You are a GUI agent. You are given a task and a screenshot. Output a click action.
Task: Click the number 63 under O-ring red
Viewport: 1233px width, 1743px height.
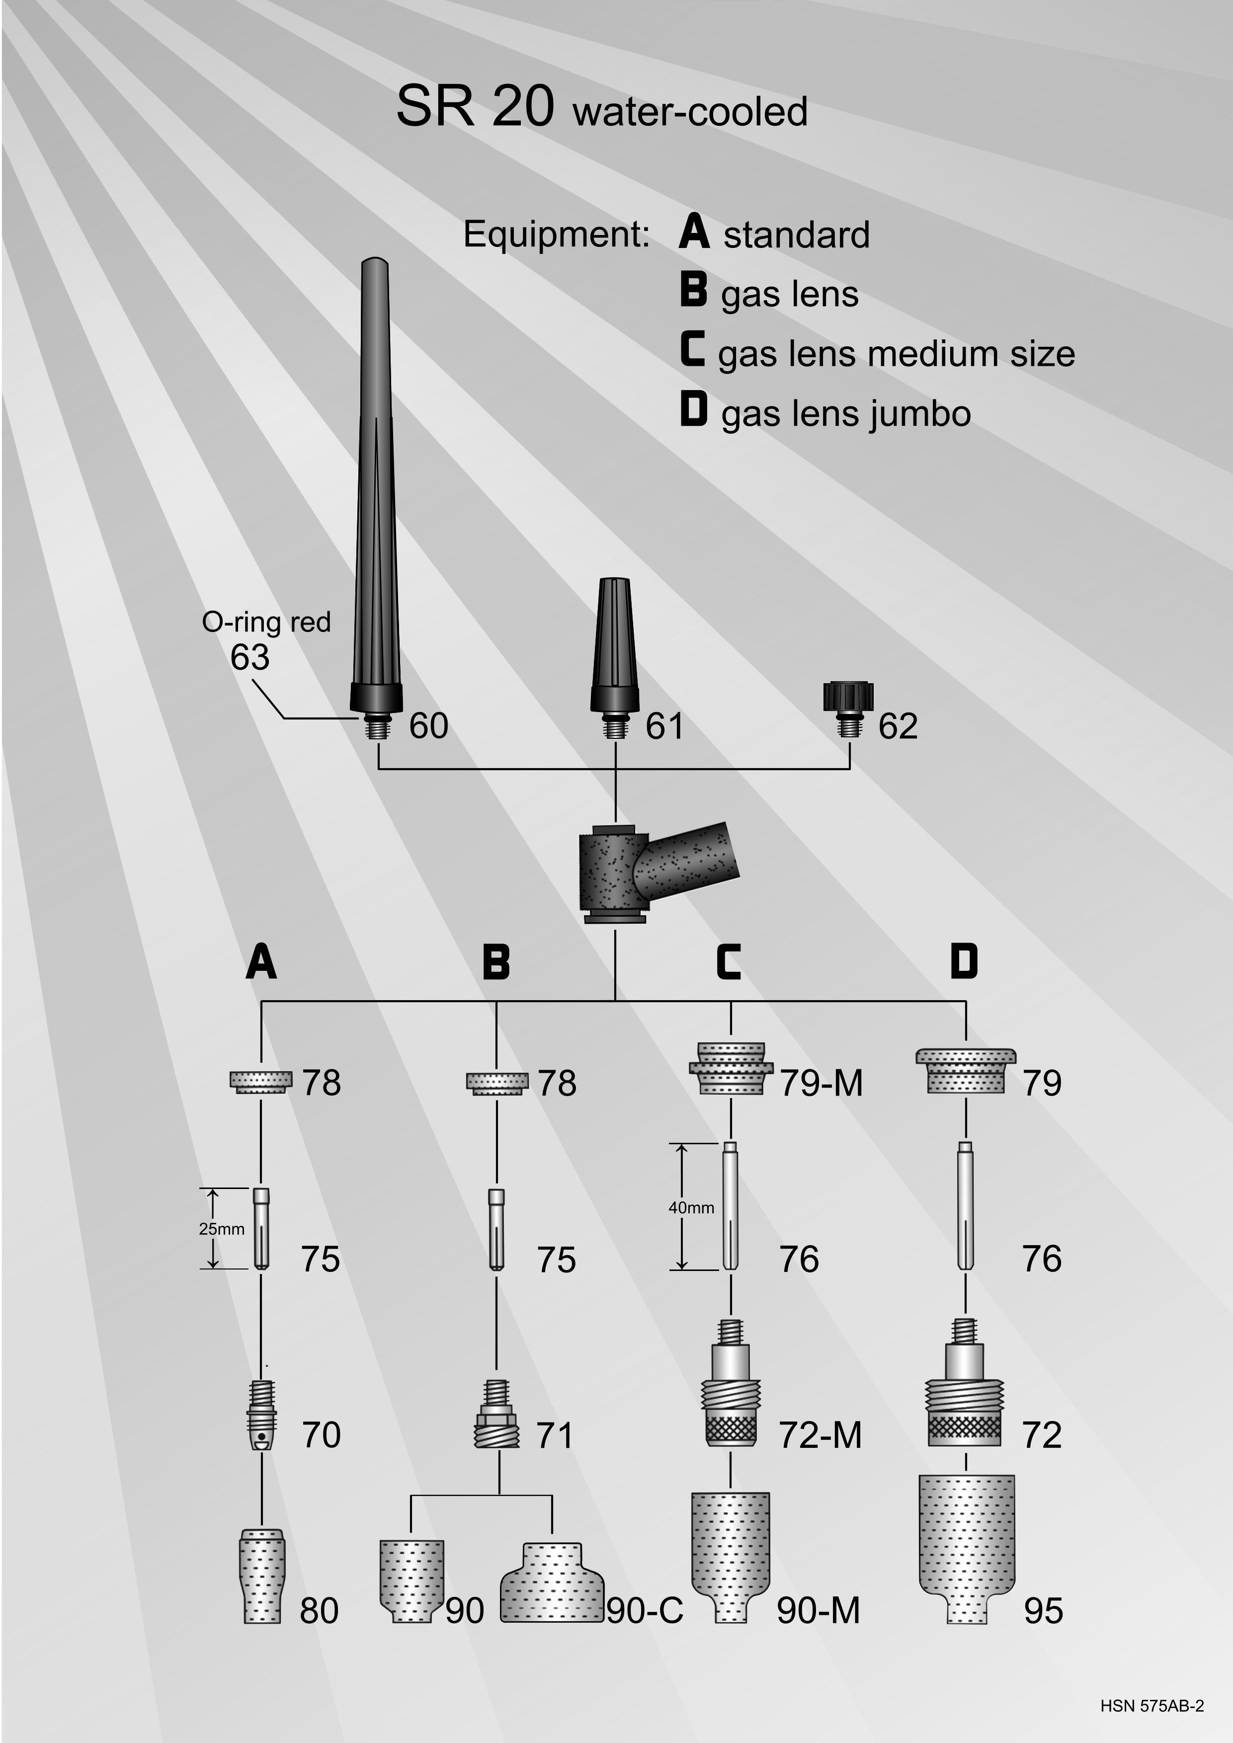point(250,657)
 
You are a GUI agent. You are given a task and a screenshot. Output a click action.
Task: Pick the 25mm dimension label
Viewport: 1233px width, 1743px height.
point(222,1229)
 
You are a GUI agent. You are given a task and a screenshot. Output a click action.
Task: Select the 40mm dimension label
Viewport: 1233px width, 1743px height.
point(691,1208)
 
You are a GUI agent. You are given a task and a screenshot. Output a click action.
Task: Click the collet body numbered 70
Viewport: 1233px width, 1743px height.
point(262,1416)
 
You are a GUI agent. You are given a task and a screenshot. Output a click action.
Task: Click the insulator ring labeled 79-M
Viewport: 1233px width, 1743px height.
point(731,1068)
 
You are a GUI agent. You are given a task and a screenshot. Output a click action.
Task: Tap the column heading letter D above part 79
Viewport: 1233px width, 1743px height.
point(964,962)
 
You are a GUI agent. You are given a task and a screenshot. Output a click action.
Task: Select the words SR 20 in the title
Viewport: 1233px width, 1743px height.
point(475,107)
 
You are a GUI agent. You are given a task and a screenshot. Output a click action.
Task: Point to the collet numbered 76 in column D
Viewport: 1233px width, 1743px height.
point(966,1205)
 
